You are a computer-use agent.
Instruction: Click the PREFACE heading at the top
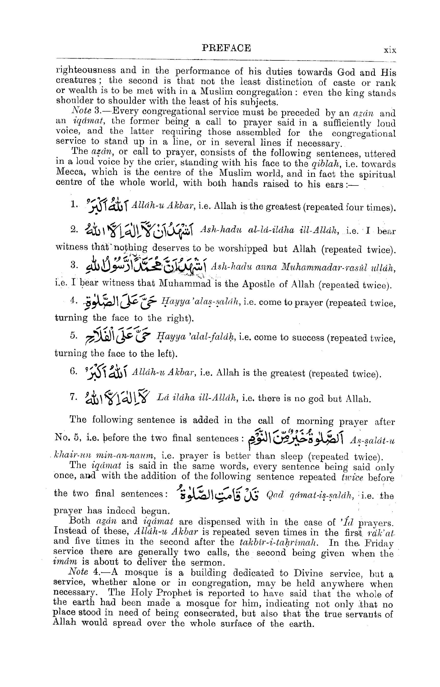point(226,48)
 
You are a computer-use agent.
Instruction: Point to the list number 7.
point(73,397)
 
